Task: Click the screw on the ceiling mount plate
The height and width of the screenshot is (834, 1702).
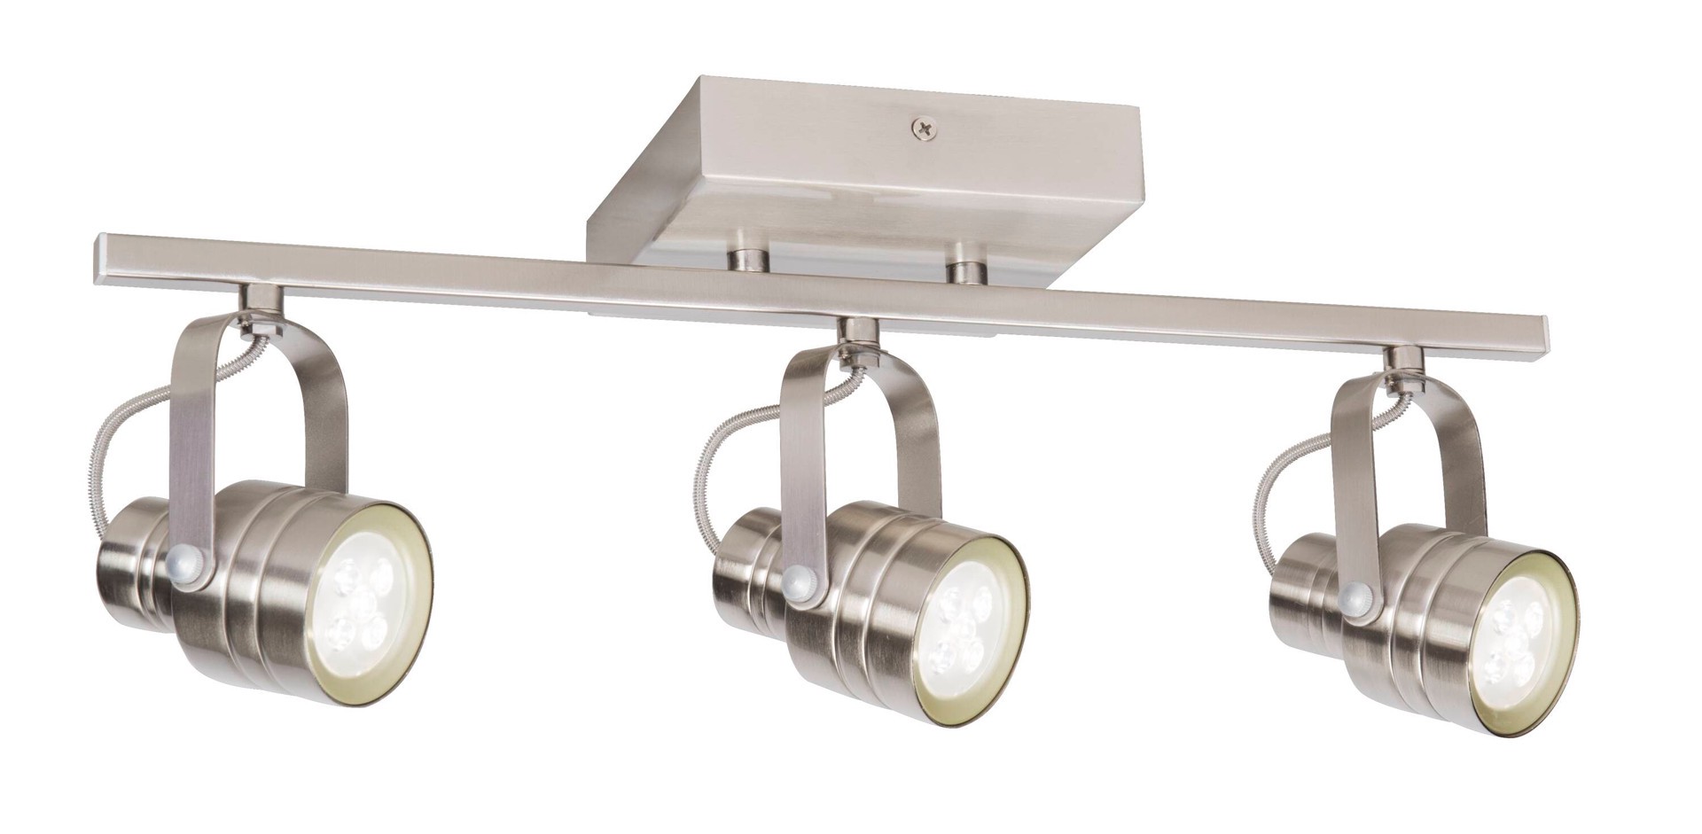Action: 925,129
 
